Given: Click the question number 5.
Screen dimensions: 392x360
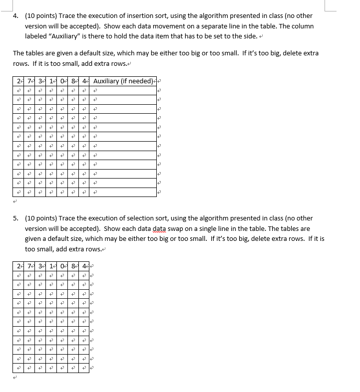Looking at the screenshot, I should (x=16, y=218).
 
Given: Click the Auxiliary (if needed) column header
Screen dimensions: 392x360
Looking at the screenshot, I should (x=123, y=81).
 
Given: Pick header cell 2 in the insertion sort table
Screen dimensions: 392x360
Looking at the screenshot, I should (x=18, y=81).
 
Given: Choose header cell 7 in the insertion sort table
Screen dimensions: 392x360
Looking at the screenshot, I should (x=29, y=81).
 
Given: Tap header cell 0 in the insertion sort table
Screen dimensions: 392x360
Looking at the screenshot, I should (x=61, y=81).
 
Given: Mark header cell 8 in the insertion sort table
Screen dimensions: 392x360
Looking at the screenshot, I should (x=73, y=81).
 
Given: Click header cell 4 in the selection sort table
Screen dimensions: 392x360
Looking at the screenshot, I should (x=84, y=265).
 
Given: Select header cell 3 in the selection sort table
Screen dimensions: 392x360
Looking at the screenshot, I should (x=40, y=265).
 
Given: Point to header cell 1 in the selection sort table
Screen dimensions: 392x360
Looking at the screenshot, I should (x=51, y=265).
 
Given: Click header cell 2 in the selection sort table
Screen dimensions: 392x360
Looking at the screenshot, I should (x=18, y=265).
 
